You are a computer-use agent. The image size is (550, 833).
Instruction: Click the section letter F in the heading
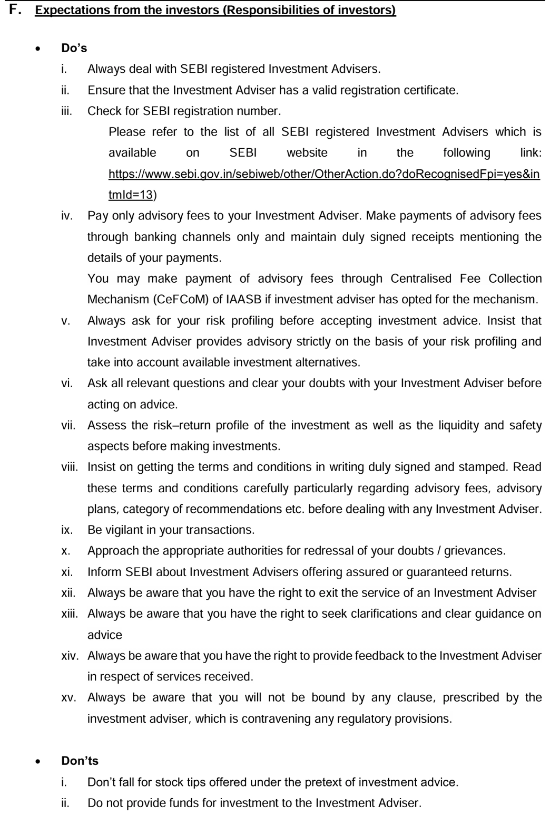pos(14,9)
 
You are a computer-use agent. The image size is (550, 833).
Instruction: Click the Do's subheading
pos(74,48)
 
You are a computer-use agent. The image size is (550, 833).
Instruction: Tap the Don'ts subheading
pos(80,761)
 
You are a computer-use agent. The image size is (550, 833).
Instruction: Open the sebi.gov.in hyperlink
pos(324,174)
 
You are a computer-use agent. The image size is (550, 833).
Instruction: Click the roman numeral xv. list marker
pos(68,697)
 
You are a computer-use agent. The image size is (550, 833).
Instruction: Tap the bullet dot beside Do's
pos(37,49)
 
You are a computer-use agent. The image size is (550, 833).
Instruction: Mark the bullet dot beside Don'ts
pos(37,762)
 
